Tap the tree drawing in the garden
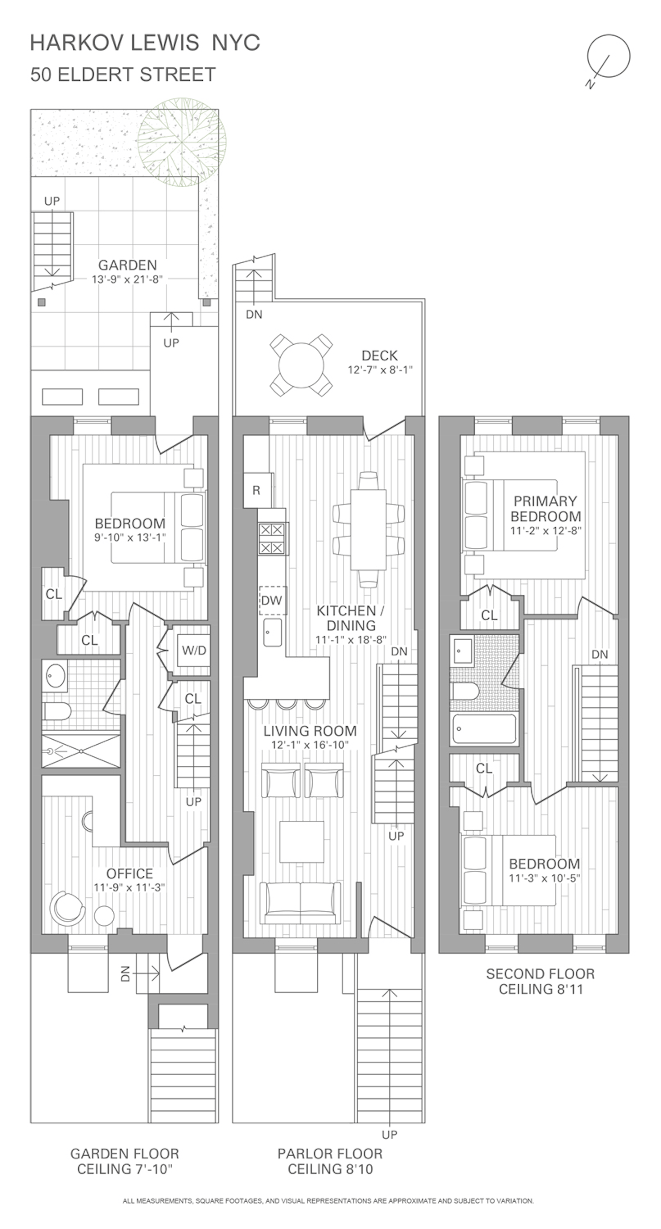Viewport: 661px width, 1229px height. coord(182,142)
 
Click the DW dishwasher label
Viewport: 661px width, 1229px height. coord(272,600)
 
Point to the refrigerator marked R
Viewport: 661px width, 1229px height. coord(257,491)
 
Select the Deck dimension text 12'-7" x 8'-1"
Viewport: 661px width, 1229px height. coord(380,370)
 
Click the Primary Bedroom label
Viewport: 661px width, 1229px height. coord(545,509)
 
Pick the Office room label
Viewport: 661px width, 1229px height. coord(130,873)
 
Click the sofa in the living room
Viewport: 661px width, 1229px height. coord(300,903)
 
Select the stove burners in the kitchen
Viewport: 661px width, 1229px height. coord(271,538)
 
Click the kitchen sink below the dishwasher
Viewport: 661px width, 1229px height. coord(272,633)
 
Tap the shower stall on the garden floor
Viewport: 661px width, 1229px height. coord(81,751)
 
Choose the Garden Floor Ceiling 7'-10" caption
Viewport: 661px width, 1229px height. coord(125,1162)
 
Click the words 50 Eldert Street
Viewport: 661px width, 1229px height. coord(123,75)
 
